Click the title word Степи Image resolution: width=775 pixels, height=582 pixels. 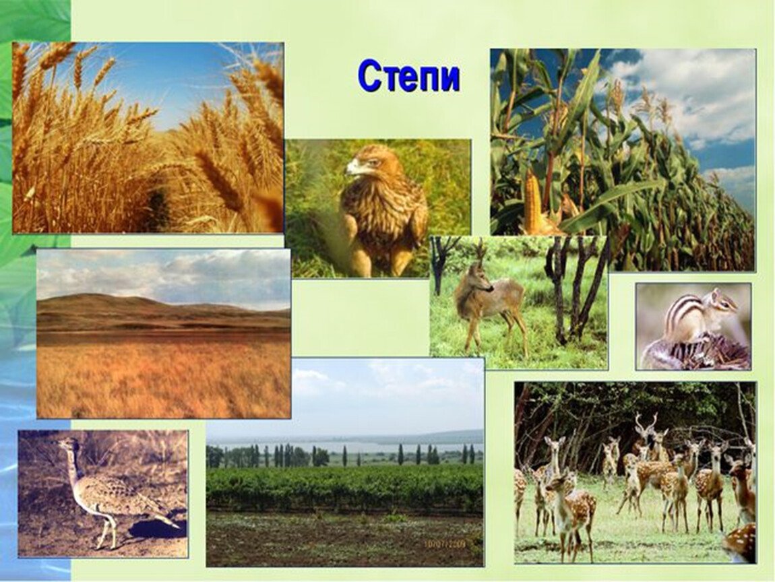(409, 77)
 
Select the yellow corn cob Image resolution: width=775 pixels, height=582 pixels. (533, 202)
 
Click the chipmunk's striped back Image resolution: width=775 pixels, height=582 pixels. (679, 315)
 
